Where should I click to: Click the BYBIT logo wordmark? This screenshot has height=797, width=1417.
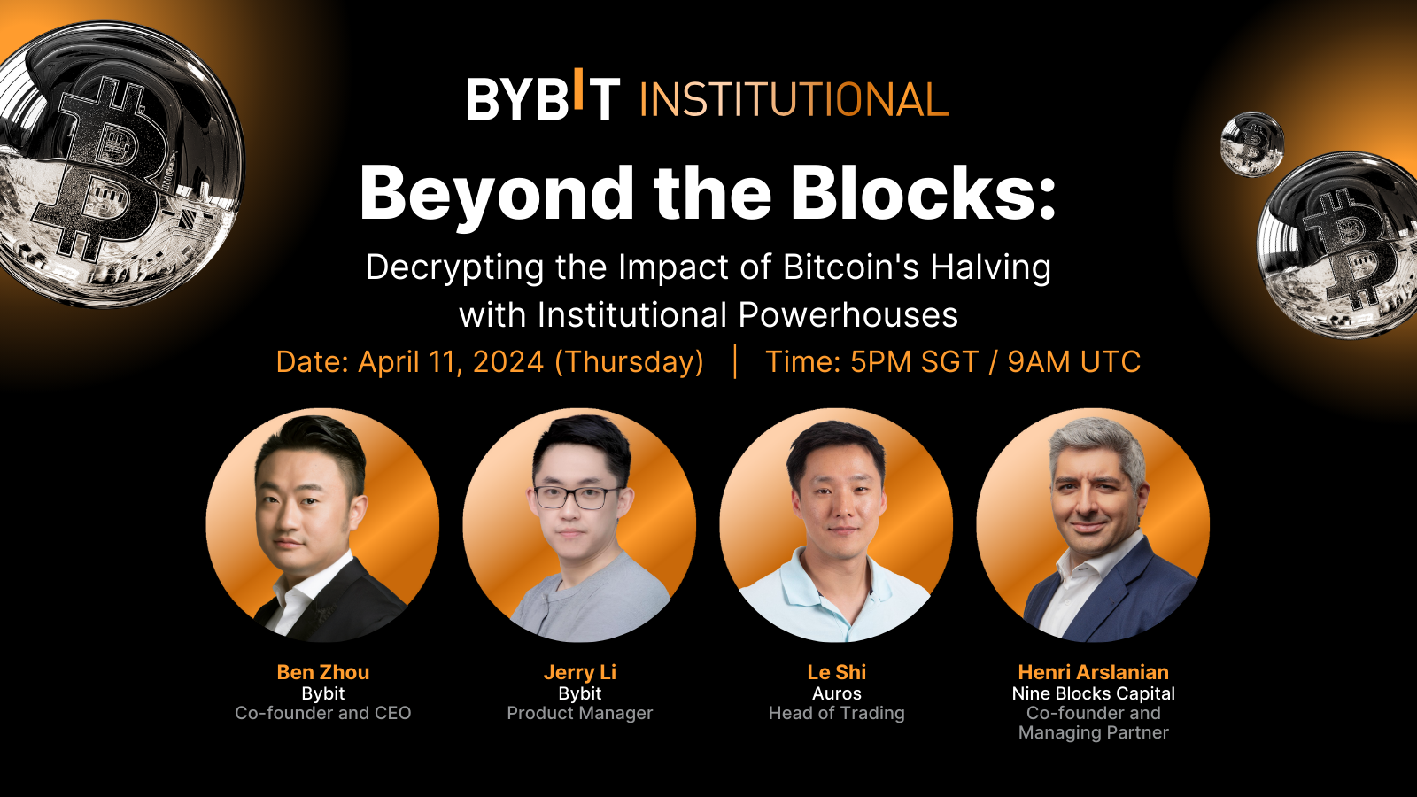(x=543, y=97)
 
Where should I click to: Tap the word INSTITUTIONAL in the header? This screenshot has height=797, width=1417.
(x=794, y=99)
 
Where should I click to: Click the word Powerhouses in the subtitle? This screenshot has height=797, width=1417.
(x=848, y=315)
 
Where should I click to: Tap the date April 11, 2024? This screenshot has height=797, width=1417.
(x=451, y=362)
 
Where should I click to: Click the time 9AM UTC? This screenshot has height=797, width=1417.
(x=1074, y=362)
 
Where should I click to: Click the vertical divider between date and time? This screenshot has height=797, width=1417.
(x=735, y=361)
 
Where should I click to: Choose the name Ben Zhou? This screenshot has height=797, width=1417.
(x=323, y=672)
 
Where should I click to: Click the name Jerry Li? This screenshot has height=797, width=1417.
(x=580, y=672)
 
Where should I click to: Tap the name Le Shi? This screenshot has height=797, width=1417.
(x=837, y=672)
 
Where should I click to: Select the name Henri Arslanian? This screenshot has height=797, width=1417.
(x=1094, y=672)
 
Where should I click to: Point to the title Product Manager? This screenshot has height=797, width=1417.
(x=580, y=713)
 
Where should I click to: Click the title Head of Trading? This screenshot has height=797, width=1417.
(x=837, y=713)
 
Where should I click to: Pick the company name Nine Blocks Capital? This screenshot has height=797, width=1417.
(x=1094, y=693)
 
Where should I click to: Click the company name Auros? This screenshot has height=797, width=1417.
(x=837, y=693)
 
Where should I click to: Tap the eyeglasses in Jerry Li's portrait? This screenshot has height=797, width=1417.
(x=577, y=497)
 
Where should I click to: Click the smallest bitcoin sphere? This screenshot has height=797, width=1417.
(x=1251, y=143)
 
